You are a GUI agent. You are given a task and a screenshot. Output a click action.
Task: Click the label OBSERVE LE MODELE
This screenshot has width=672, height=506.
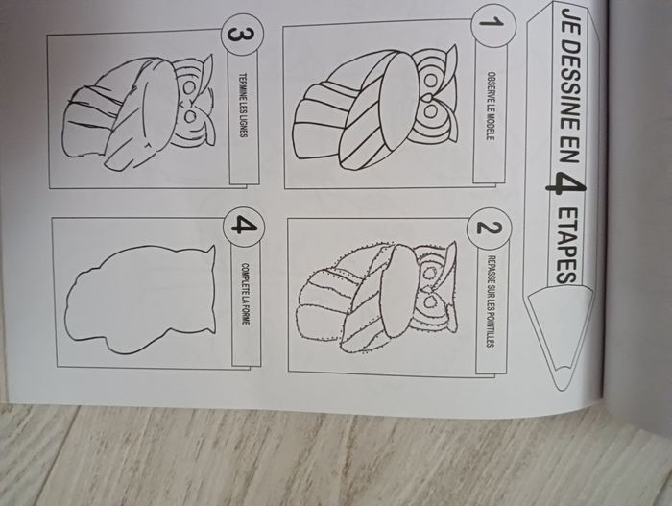click(491, 106)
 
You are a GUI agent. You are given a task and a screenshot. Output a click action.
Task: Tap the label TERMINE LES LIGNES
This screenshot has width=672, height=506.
click(244, 105)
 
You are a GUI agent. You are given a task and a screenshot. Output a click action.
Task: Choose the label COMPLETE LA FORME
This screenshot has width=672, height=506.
click(245, 293)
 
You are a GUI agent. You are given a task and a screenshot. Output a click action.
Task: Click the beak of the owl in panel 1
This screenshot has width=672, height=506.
click(427, 98)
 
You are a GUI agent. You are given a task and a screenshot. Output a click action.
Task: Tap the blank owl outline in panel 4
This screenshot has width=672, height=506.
click(139, 298)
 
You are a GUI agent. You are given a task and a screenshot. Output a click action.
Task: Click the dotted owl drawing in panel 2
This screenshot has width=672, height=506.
click(377, 297)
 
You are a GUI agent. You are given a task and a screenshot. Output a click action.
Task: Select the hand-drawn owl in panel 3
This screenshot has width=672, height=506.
click(138, 112)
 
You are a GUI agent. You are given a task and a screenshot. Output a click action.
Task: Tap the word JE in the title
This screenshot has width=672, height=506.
click(569, 23)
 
